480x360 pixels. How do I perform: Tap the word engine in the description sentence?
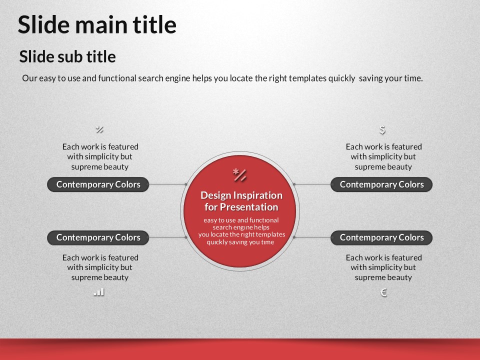point(177,78)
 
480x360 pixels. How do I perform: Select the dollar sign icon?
point(382,130)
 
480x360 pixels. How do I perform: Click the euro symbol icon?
point(383,292)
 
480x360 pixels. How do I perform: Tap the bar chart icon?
point(99,292)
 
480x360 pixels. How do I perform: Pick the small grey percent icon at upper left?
point(99,129)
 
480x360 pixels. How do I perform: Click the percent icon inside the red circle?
point(239,175)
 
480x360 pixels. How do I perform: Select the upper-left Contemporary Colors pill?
point(98,184)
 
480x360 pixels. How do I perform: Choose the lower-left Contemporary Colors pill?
point(98,238)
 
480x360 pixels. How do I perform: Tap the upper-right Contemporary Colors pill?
point(381,184)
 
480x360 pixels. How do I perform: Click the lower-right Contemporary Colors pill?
point(381,238)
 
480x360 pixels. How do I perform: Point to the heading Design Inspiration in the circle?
point(241,195)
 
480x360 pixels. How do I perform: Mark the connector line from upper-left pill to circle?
point(167,184)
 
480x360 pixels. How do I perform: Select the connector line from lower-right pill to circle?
point(312,237)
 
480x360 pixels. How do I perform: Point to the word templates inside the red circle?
point(270,234)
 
